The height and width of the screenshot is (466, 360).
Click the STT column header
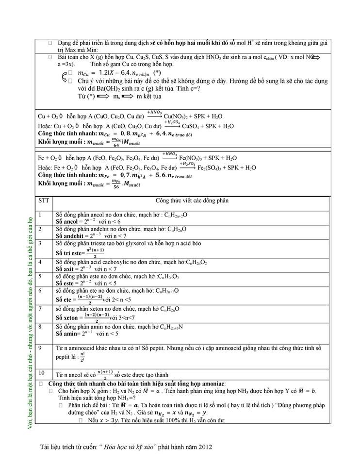43,200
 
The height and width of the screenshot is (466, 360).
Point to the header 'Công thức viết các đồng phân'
192,200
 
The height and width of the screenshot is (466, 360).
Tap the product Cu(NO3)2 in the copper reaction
179,116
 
